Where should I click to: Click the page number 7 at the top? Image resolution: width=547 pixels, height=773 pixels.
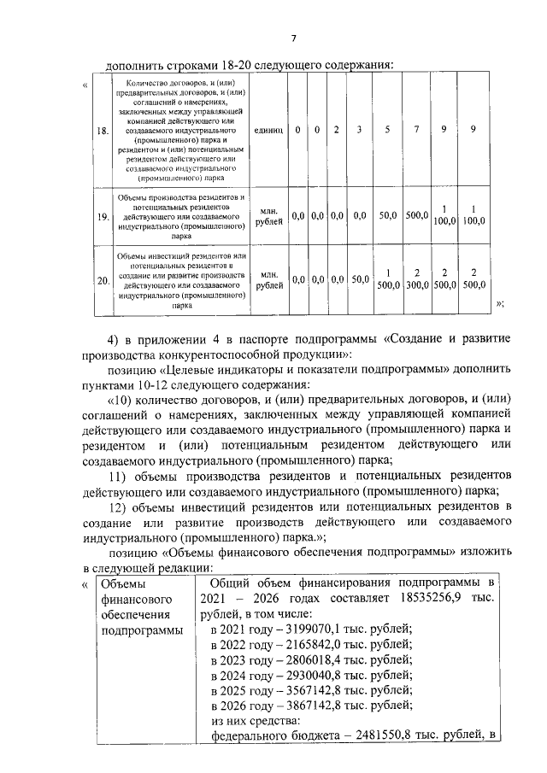(292, 38)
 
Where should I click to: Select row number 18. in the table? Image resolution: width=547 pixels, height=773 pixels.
(103, 131)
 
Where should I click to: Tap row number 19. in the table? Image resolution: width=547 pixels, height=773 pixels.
(103, 217)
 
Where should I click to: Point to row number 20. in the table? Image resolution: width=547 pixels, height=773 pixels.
(103, 280)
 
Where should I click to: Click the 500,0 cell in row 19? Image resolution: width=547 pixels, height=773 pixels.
(416, 217)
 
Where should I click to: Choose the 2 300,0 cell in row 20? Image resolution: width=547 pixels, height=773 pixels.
(416, 279)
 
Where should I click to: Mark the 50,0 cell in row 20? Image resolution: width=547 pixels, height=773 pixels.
(359, 279)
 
